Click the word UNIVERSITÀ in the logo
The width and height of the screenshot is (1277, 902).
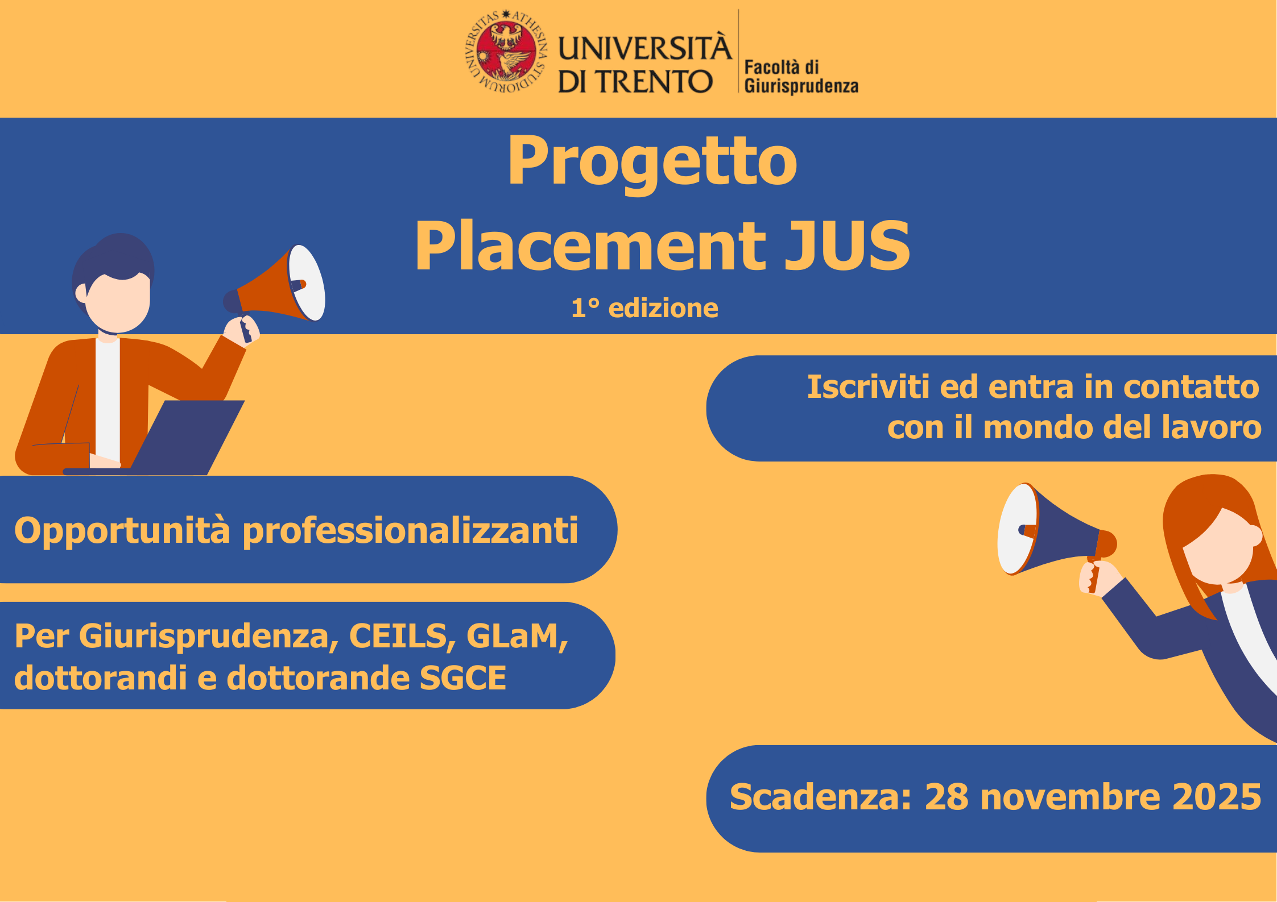click(x=644, y=48)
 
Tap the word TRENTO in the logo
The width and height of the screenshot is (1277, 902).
click(x=654, y=82)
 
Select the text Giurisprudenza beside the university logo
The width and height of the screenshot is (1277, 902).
click(x=801, y=86)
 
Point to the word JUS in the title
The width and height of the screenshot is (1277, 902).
click(x=847, y=246)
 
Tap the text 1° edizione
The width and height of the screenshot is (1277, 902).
click(x=644, y=308)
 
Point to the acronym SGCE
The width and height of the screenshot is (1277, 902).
click(x=462, y=677)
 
